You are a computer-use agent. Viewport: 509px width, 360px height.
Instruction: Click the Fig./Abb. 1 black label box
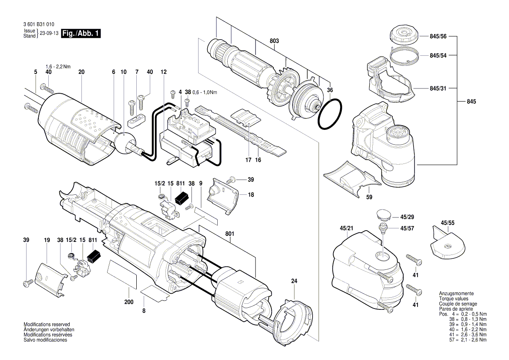[x=81, y=34]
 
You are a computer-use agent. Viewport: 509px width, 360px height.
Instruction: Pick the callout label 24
[x=294, y=282]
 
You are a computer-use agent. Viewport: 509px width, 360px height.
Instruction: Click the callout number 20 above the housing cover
[x=81, y=71]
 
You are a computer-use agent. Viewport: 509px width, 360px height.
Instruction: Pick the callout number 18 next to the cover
[x=251, y=195]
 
